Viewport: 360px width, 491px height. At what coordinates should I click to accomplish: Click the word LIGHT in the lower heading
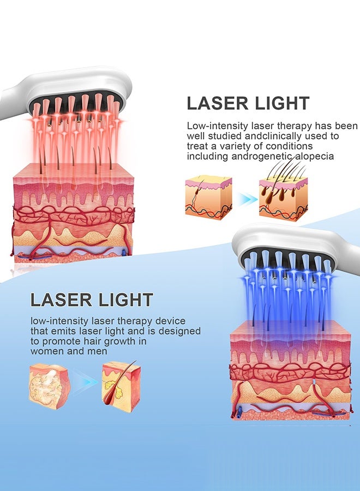pos(126,300)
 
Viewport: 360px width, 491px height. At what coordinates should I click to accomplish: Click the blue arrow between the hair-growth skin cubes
pos(247,200)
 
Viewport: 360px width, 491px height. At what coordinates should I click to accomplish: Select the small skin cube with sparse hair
pos(208,198)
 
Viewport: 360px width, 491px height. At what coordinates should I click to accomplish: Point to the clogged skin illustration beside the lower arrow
pos(50,387)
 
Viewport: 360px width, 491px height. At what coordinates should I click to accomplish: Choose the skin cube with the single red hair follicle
pos(121,386)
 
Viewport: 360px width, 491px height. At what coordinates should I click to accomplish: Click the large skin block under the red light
pos(74,213)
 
